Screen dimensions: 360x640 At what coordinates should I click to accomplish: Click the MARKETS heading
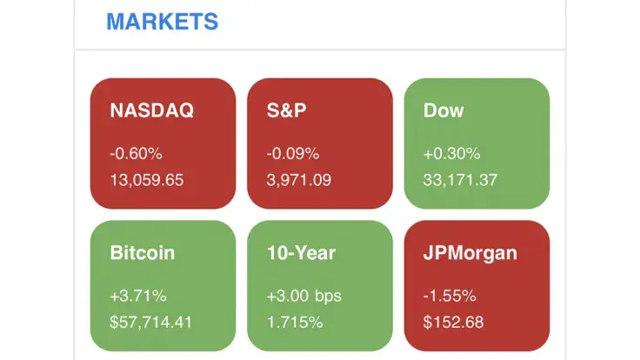(x=162, y=21)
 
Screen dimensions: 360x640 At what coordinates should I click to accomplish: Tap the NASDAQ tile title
(x=151, y=111)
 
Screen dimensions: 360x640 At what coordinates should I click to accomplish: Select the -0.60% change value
(x=136, y=154)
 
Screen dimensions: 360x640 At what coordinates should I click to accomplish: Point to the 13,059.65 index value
(x=147, y=180)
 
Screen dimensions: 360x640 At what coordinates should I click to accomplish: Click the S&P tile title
(x=287, y=111)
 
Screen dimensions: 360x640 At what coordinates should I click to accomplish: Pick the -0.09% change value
(x=293, y=154)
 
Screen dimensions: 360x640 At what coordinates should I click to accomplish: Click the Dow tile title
(x=443, y=111)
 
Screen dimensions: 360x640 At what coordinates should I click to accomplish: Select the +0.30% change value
(x=451, y=154)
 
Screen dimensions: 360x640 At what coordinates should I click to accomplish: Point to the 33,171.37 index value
(x=460, y=180)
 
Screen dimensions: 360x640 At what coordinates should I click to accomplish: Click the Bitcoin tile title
(x=143, y=253)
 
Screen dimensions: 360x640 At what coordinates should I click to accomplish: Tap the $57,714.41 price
(x=151, y=322)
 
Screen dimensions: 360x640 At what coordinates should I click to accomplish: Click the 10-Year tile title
(x=301, y=253)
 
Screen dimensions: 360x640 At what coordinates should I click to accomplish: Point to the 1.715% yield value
(x=294, y=322)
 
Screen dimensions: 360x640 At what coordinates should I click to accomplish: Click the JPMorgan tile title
(x=470, y=253)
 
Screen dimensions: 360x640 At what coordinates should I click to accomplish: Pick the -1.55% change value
(x=450, y=296)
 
